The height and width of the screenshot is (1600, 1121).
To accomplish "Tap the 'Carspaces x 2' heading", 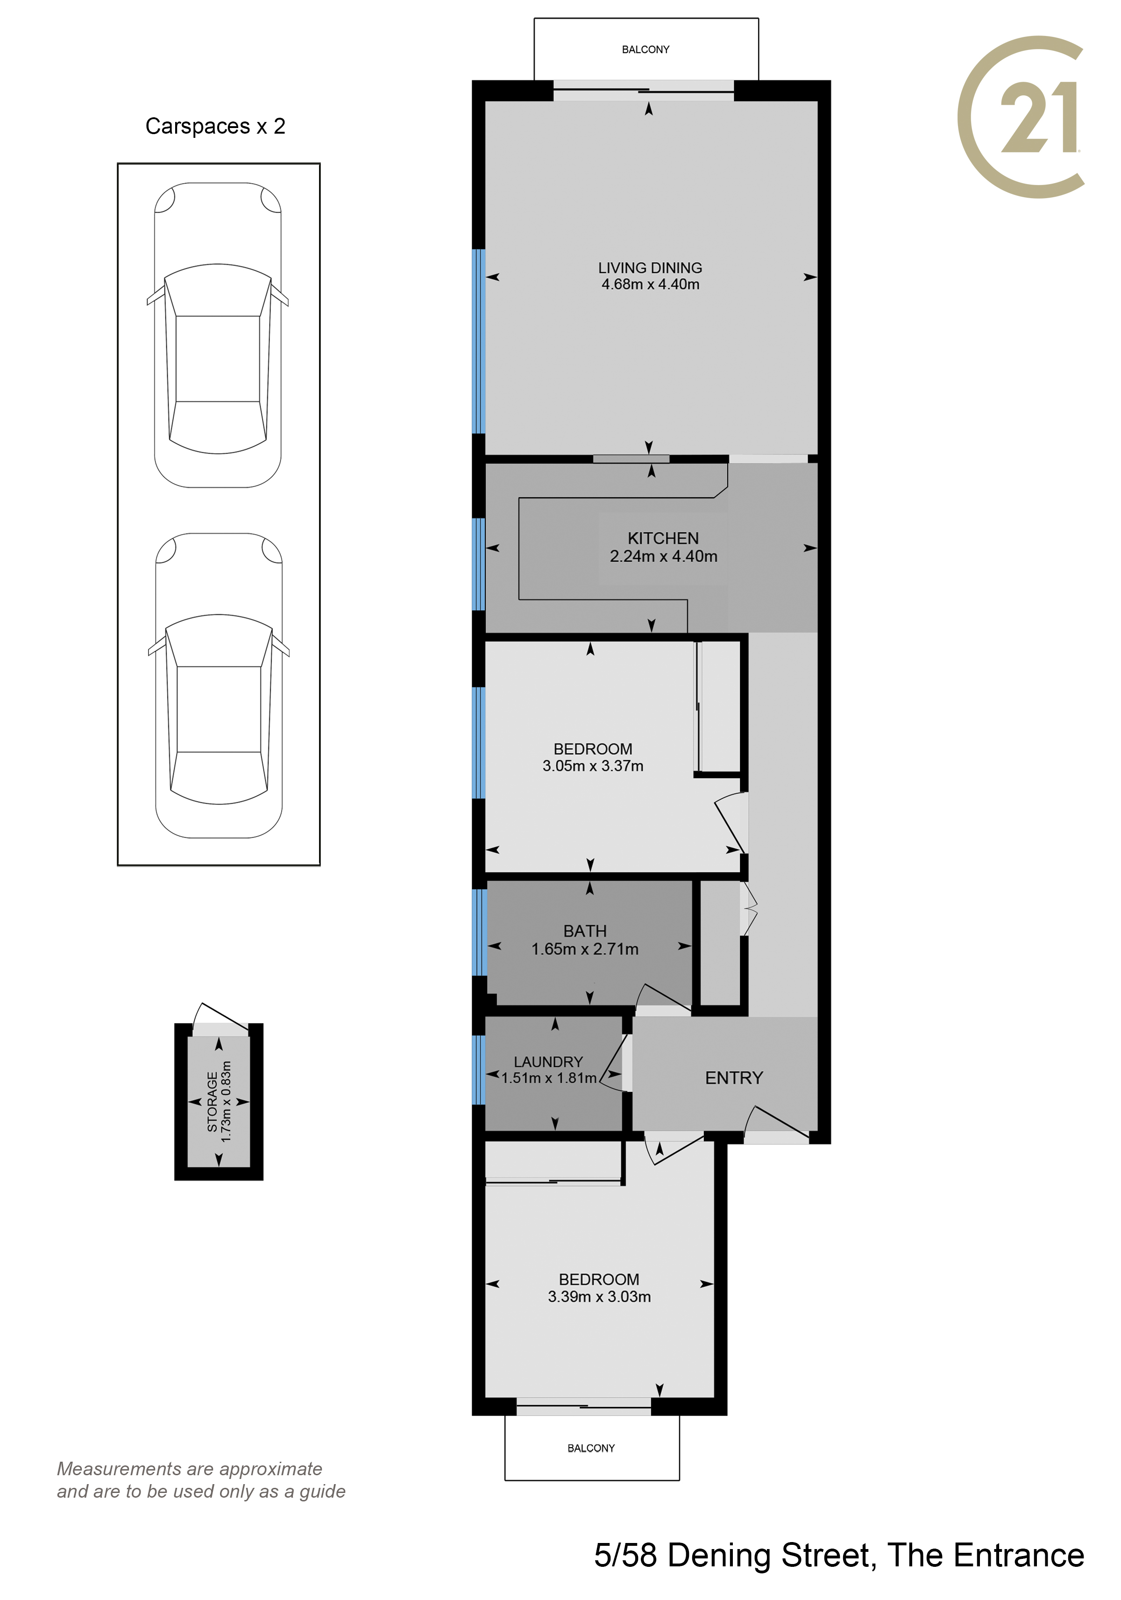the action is (215, 126).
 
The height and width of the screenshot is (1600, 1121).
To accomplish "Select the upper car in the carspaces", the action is (217, 335).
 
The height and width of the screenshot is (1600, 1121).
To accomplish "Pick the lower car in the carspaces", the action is (219, 685).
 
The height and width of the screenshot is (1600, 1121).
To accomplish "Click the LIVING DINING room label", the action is (650, 268).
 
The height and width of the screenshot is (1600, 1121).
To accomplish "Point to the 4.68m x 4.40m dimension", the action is (650, 284).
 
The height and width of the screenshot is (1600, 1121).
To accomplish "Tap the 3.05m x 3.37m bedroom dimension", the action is (593, 766).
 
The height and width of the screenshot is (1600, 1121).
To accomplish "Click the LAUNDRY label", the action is (548, 1062).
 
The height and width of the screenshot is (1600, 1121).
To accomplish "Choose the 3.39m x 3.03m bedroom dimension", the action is (599, 1297).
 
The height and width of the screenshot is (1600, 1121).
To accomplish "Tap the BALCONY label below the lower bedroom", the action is (591, 1448).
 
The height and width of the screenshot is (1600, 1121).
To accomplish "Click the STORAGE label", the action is (213, 1102).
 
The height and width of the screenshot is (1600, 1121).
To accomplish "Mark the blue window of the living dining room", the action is (478, 342).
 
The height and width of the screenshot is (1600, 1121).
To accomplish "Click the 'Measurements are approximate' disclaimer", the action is (190, 1469).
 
